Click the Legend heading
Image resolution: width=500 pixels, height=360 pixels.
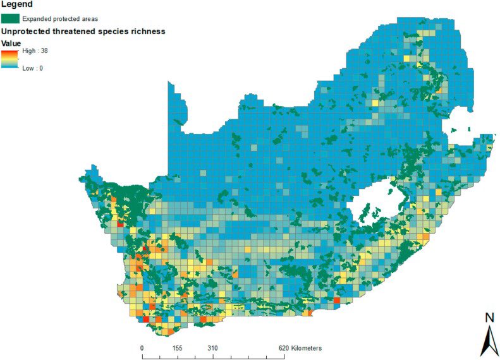(x=18, y=5)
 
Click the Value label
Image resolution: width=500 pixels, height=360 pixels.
(x=12, y=44)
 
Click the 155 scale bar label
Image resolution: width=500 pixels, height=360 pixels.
(x=177, y=347)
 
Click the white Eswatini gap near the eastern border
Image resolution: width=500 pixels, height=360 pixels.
(x=458, y=135)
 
